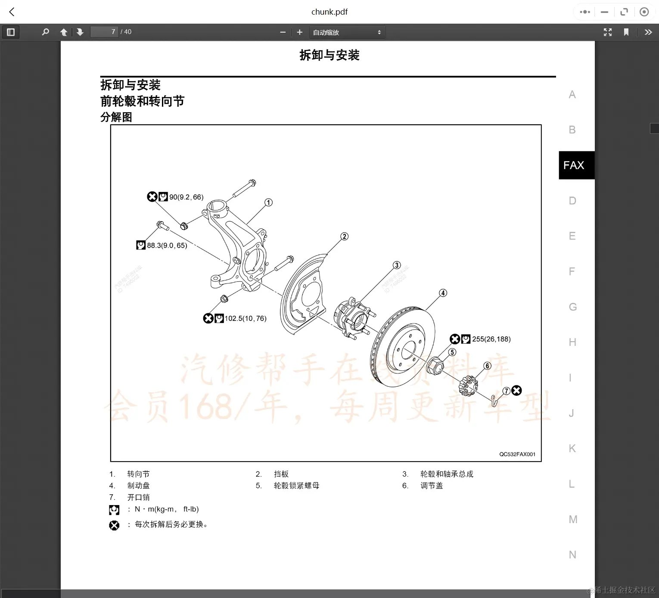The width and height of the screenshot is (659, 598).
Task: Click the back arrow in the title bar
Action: [12, 12]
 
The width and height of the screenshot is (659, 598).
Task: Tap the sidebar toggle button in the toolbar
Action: [11, 32]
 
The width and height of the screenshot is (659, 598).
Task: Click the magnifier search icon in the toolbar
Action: [45, 32]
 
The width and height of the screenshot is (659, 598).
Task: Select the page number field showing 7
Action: [104, 32]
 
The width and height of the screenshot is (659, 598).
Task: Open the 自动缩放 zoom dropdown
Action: [347, 32]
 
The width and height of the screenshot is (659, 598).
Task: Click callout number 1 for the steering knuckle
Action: [268, 202]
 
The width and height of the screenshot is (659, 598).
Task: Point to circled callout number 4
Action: [443, 293]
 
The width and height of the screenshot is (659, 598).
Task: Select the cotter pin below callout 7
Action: [494, 401]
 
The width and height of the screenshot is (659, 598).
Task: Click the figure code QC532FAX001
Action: [517, 454]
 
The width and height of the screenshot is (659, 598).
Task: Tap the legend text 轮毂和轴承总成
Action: [447, 474]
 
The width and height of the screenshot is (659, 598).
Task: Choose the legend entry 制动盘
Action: [138, 486]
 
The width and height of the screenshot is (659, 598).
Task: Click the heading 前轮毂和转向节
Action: [142, 101]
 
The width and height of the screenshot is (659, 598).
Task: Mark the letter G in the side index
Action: [572, 307]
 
